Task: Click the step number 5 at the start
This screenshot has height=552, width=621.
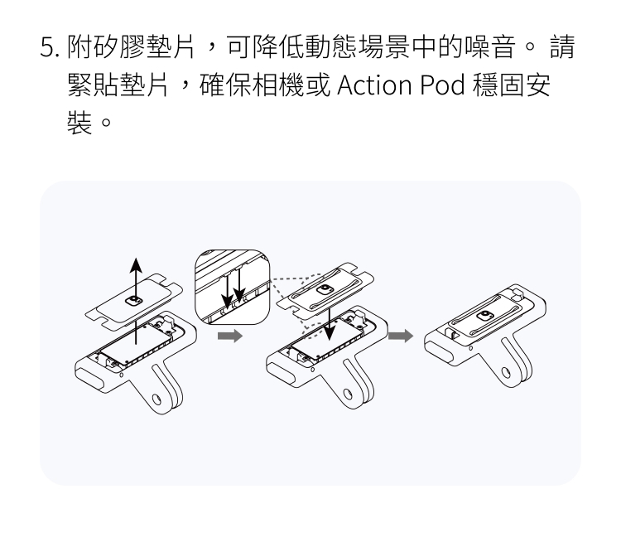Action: pyautogui.click(x=48, y=49)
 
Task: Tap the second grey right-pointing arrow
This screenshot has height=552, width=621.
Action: pyautogui.click(x=401, y=337)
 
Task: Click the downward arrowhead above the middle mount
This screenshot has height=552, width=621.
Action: pyautogui.click(x=331, y=335)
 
